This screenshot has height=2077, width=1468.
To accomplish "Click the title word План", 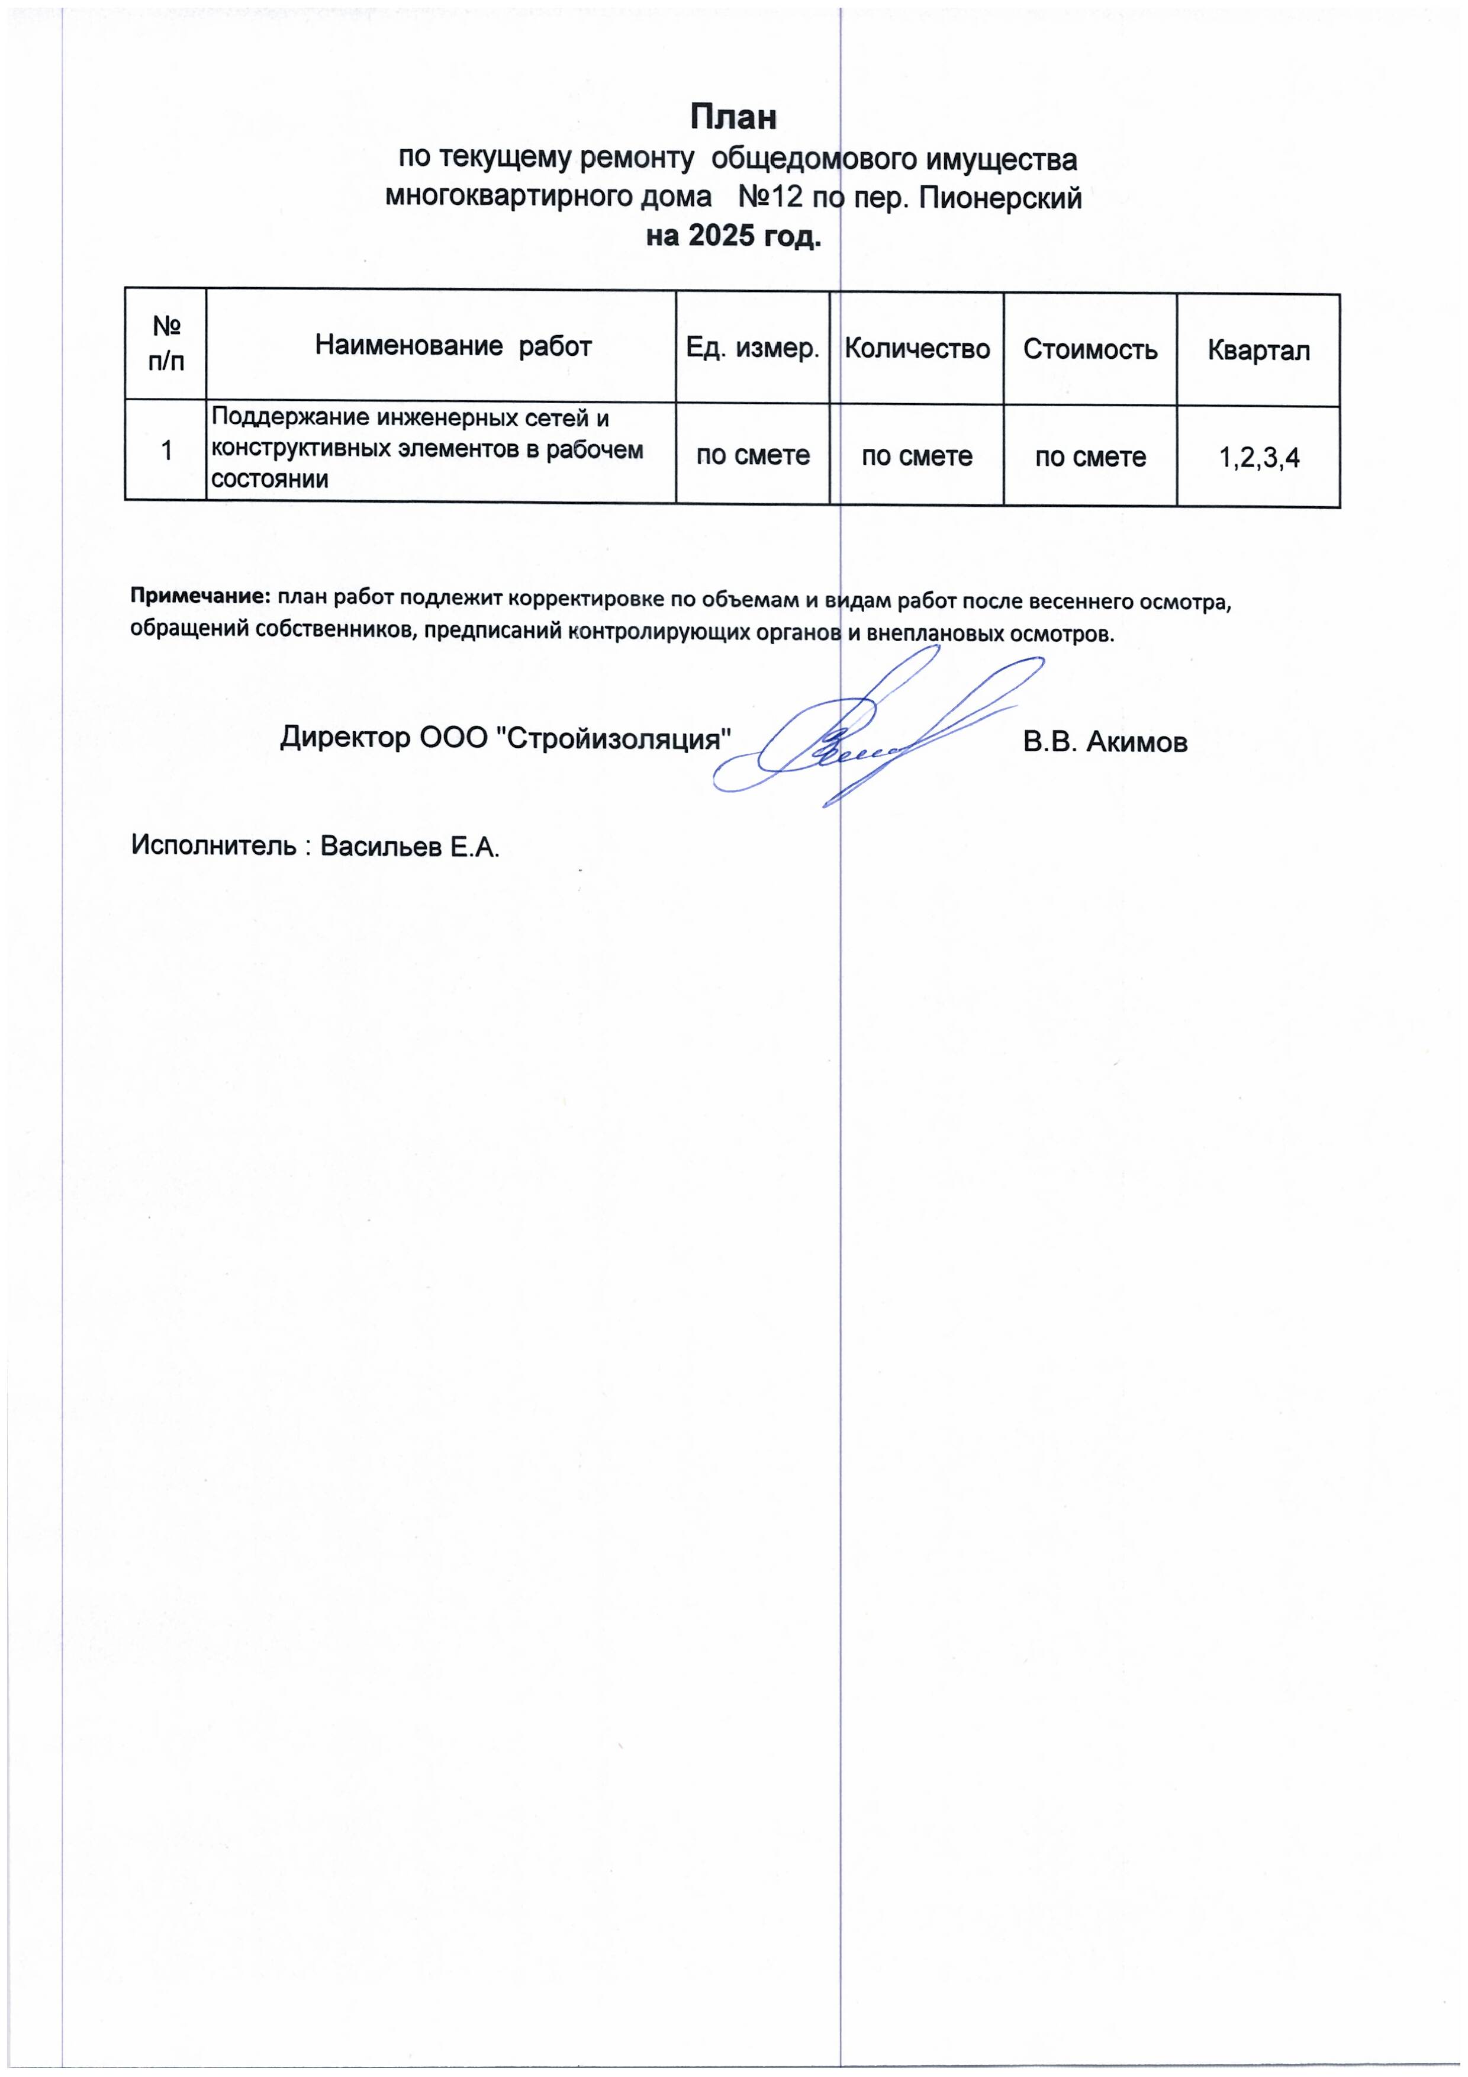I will (733, 118).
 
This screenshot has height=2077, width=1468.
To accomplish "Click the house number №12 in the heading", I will (771, 197).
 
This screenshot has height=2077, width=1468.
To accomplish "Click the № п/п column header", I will (166, 344).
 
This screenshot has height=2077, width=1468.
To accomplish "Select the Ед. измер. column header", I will (752, 348).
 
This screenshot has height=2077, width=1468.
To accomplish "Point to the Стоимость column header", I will (1090, 349).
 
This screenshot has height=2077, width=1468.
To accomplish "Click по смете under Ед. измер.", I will (752, 455).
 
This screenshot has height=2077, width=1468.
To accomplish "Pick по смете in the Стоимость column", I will (1090, 457).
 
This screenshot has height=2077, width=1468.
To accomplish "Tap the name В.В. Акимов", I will (1105, 742).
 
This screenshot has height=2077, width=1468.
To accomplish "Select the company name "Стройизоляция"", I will (615, 739).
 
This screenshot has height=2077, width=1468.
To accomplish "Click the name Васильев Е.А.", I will (410, 846).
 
